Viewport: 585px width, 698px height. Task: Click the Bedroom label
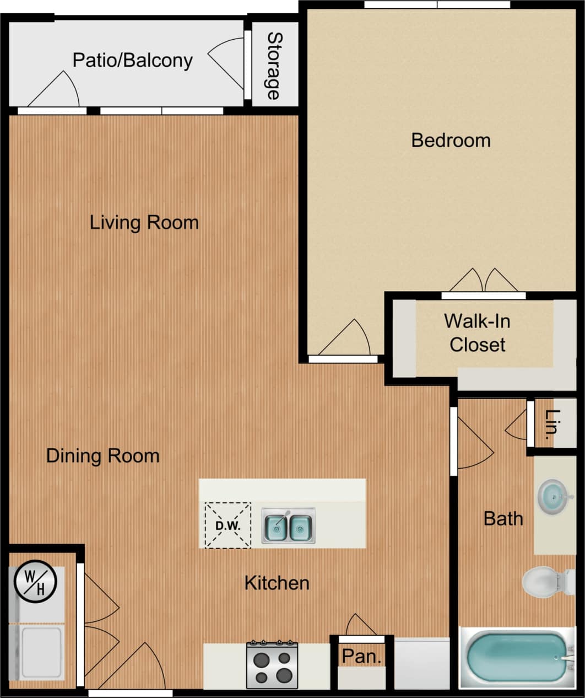coord(451,140)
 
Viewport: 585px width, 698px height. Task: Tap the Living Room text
coord(144,223)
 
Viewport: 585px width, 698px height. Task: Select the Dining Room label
coord(103,456)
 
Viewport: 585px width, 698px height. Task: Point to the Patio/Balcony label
coord(133,60)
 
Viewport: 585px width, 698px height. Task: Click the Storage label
coord(274,66)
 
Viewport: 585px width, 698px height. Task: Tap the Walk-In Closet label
coord(477,332)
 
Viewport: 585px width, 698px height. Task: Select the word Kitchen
coord(277,583)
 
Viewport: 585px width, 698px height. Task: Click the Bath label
coord(503,518)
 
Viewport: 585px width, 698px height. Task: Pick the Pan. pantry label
coord(361,656)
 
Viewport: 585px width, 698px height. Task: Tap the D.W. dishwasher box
coord(227,525)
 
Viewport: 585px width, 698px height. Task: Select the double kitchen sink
coord(288,527)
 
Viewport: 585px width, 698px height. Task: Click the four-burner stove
coord(272,665)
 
